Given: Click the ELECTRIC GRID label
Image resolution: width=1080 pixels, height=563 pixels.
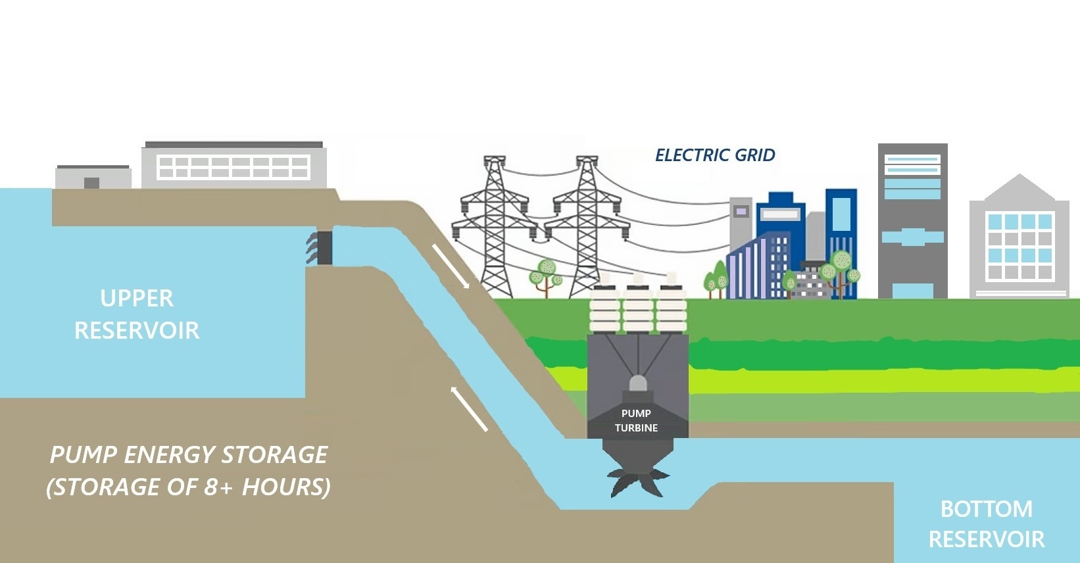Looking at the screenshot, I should (715, 155).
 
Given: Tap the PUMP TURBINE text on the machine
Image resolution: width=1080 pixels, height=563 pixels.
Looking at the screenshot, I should (636, 420).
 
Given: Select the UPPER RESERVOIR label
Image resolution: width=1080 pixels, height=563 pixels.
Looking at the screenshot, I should (137, 314).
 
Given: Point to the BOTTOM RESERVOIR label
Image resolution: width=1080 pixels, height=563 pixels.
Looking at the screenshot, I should (986, 524).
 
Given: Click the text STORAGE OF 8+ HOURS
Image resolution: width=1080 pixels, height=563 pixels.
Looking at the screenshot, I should (189, 487).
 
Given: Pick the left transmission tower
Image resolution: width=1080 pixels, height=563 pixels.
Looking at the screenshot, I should (495, 227).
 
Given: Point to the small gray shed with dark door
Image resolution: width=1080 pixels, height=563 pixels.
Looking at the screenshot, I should (93, 177).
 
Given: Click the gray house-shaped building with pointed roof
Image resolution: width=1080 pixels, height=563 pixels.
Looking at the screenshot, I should (1018, 237).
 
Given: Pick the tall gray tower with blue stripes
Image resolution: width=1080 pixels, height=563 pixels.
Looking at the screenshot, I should (912, 220).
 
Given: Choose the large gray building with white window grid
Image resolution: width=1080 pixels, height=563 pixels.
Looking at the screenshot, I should (233, 165).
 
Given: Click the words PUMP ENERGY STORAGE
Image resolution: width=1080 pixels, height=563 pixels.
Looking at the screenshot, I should (189, 455).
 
